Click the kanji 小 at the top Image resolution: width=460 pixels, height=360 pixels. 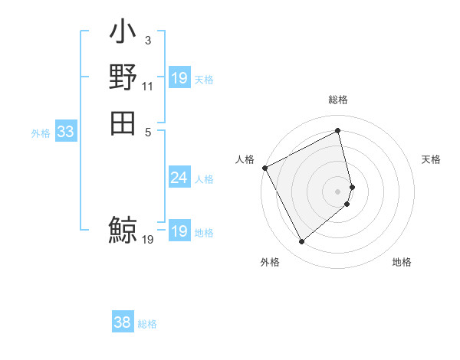click(x=123, y=34)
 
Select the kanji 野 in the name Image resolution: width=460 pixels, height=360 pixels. click(x=123, y=77)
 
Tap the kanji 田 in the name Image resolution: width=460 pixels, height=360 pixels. click(x=123, y=122)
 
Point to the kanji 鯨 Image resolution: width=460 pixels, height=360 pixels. click(x=123, y=229)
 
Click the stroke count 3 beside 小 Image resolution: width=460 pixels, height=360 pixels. click(x=147, y=40)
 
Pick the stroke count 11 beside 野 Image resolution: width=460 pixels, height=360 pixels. click(x=147, y=87)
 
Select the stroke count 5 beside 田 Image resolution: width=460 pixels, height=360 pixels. click(x=147, y=131)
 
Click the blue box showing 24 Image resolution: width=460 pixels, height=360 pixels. click(x=179, y=178)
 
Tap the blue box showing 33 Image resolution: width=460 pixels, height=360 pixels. click(x=66, y=132)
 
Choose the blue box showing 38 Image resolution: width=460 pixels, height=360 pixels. click(x=123, y=323)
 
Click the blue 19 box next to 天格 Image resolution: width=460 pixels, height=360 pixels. click(x=179, y=78)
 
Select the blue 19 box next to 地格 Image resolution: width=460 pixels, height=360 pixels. click(x=179, y=232)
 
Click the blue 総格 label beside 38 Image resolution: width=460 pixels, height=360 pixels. click(x=147, y=324)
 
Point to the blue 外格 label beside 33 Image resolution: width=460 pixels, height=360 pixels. click(x=41, y=133)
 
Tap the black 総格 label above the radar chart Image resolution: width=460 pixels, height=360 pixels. click(x=338, y=100)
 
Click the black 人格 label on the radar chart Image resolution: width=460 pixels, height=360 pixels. click(x=245, y=159)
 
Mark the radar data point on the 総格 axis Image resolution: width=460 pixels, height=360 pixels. click(x=338, y=131)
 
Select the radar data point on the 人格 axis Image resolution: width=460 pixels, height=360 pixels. click(x=264, y=168)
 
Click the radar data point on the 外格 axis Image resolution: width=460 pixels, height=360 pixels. click(x=301, y=242)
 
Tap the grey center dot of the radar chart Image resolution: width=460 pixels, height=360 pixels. click(x=338, y=191)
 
